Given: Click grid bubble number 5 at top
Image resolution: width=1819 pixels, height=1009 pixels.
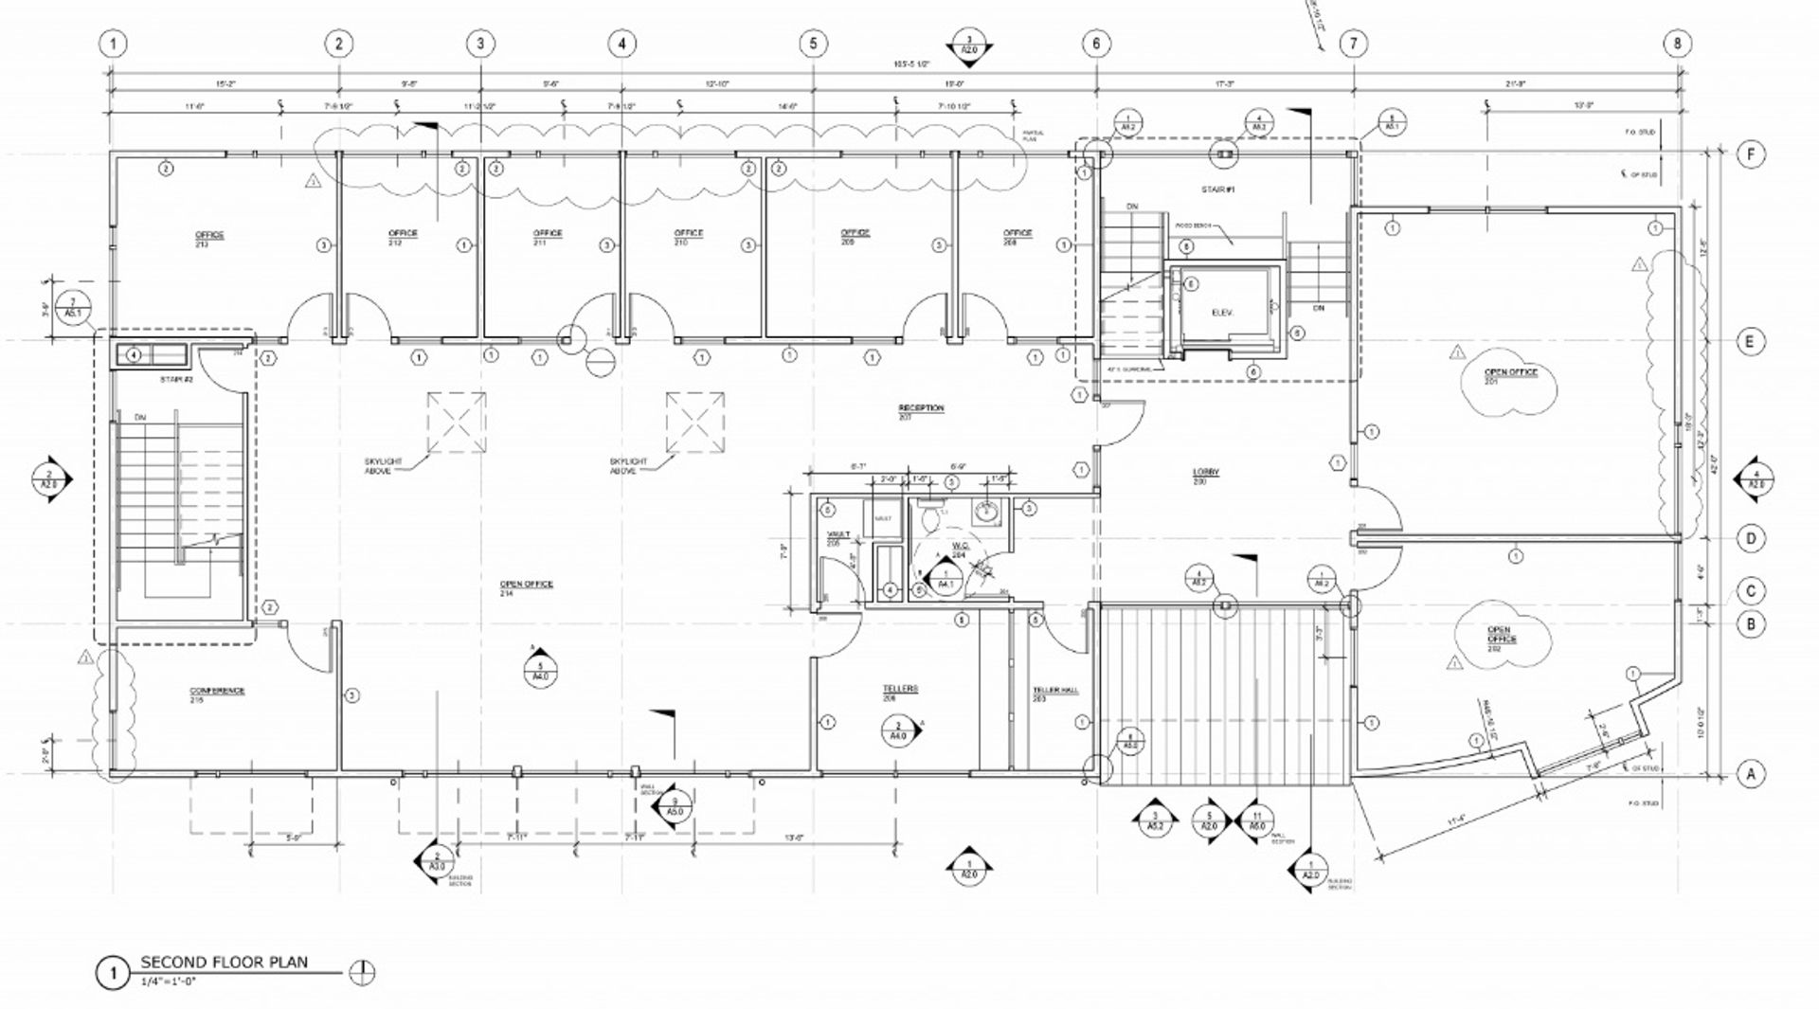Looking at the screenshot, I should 813,44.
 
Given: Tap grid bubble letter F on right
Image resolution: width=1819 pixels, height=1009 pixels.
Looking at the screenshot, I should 1751,153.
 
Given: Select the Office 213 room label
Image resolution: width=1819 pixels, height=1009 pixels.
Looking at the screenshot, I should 209,238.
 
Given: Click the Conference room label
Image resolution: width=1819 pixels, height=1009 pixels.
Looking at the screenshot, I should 217,694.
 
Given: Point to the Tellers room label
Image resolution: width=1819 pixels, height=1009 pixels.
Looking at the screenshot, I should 900,693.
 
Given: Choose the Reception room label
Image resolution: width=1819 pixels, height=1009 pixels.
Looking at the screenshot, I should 921,411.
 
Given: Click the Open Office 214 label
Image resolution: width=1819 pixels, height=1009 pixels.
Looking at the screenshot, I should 526,587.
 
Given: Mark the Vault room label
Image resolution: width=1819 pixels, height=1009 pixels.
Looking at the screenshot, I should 834,538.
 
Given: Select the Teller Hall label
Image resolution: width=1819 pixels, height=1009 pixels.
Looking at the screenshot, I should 1055,694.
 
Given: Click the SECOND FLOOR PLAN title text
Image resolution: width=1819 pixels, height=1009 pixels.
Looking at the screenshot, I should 224,962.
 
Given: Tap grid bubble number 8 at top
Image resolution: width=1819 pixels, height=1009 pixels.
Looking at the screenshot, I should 1677,44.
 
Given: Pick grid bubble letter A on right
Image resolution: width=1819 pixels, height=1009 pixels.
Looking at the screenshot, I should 1751,774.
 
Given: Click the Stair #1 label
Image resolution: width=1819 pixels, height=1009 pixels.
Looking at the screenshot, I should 1217,190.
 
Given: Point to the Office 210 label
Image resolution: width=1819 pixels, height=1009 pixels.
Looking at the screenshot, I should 688,237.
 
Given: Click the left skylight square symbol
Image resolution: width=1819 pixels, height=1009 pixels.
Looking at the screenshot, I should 456,422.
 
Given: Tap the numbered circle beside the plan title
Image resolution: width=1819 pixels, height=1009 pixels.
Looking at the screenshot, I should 112,973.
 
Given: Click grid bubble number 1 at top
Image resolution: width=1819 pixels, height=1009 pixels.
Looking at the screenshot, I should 114,44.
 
